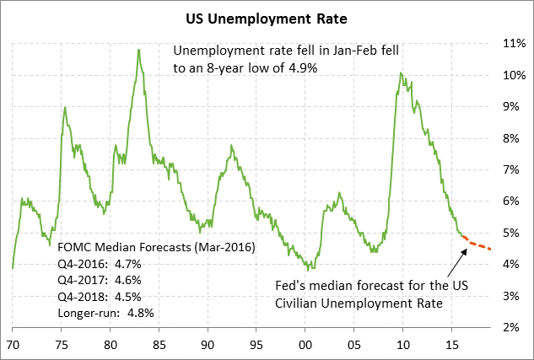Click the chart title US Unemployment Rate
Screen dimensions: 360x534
point(267,16)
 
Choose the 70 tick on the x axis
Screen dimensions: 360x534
point(13,345)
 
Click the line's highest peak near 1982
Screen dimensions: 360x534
point(138,50)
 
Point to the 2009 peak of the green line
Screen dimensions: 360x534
point(401,73)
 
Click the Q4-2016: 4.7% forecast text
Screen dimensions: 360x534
point(100,264)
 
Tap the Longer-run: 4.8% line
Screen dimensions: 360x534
point(106,313)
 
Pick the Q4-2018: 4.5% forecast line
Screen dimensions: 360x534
point(100,297)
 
